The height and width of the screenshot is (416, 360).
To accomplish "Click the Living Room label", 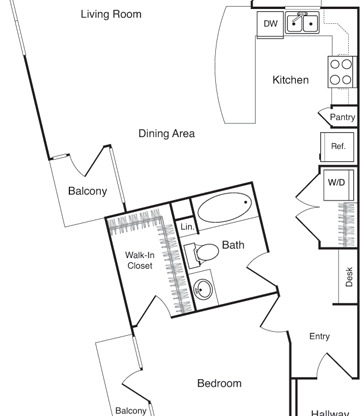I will tap(111, 15).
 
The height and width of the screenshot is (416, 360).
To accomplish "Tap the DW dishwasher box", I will tap(270, 23).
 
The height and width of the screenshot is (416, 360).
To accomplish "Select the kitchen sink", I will tap(301, 22).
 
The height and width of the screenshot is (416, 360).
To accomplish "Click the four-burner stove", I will tap(340, 70).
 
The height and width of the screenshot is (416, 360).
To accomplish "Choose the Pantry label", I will tap(341, 117).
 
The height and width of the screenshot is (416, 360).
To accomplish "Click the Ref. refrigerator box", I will tap(338, 147).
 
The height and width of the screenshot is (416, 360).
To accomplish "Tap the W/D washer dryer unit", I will tap(338, 183).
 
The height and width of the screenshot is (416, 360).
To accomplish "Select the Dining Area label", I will tap(166, 134).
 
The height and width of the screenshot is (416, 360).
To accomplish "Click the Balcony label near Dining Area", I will tap(87, 192).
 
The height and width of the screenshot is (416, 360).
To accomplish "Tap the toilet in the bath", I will tap(203, 254).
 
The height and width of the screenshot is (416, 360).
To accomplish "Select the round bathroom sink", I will tap(203, 291).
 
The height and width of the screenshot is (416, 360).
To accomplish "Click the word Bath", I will tap(233, 245).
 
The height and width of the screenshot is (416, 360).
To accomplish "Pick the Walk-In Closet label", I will tap(139, 260).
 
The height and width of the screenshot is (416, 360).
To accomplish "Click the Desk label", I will tap(349, 277).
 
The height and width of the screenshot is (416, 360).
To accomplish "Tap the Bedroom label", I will tap(218, 384).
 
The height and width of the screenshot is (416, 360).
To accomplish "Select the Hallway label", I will tap(329, 412).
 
